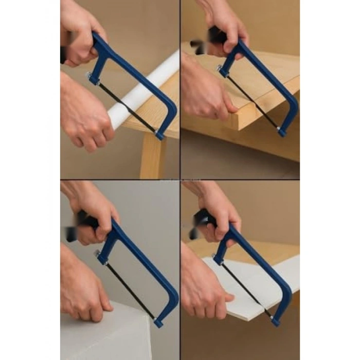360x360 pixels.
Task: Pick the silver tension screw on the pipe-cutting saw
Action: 91,77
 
